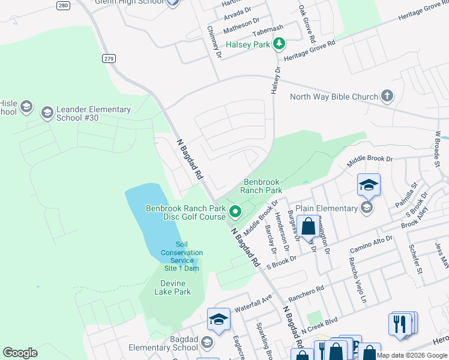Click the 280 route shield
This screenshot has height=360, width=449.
pyautogui.click(x=79, y=4)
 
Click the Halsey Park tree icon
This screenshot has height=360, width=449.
pyautogui.click(x=279, y=44)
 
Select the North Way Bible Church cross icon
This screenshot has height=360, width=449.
pyautogui.click(x=388, y=96)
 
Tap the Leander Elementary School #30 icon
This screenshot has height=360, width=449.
pyautogui.click(x=47, y=113)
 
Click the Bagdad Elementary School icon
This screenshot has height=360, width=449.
pyautogui.click(x=207, y=343)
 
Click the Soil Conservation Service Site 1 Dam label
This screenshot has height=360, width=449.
pyautogui.click(x=182, y=256)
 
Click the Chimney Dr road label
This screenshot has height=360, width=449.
pyautogui.click(x=214, y=41)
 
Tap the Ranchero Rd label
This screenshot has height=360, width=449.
pyautogui.click(x=307, y=290)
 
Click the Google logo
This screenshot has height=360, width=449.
pyautogui.click(x=20, y=353)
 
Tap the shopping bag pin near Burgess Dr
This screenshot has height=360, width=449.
pyautogui.click(x=309, y=228)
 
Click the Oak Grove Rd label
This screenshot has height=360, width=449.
pyautogui.click(x=307, y=23)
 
